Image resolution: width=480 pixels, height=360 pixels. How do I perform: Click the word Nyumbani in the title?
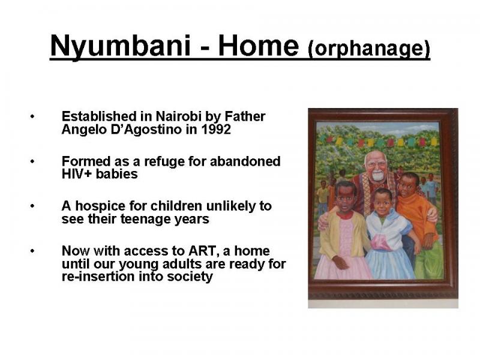click(x=121, y=46)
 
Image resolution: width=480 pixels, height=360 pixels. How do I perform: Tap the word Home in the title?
click(x=258, y=46)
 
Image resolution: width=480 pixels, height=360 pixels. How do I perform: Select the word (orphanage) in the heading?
click(x=369, y=48)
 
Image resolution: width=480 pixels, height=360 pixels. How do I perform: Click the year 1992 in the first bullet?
click(x=216, y=129)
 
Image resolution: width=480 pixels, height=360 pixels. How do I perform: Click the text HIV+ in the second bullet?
click(x=77, y=174)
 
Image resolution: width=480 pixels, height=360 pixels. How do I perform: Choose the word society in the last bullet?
click(x=190, y=277)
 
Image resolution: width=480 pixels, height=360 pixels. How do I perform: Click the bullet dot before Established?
click(x=32, y=116)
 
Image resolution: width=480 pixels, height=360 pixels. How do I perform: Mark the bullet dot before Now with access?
click(x=32, y=251)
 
